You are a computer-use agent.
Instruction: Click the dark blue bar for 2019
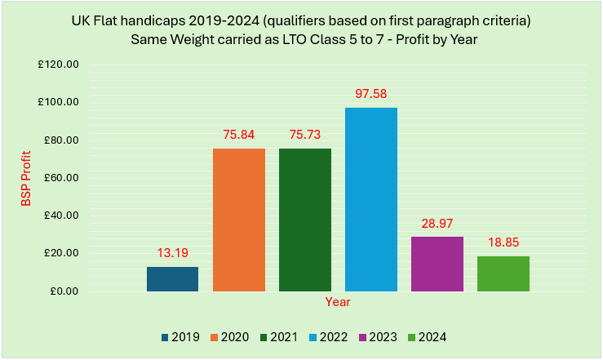point(172,279)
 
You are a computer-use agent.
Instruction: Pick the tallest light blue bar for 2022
point(370,200)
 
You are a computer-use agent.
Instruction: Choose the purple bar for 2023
point(437,264)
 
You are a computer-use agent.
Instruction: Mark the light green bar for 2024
point(503,273)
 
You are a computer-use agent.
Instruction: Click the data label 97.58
point(370,94)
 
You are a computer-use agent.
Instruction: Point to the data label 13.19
point(172,253)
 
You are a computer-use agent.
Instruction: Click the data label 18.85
point(503,242)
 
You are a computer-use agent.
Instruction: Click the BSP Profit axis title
point(26,178)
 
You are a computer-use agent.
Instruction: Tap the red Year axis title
point(338,302)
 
